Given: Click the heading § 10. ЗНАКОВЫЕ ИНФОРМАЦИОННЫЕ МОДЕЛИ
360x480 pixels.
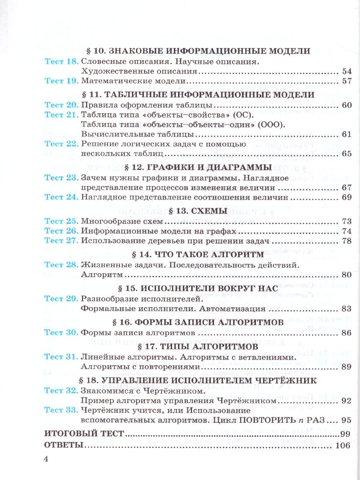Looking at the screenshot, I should click(x=198, y=51).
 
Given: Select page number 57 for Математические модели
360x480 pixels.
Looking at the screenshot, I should click(x=346, y=81).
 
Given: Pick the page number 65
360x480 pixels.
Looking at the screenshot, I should click(x=346, y=154).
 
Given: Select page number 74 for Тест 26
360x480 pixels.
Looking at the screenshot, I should click(x=346, y=231).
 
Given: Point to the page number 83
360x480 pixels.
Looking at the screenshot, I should click(x=346, y=308).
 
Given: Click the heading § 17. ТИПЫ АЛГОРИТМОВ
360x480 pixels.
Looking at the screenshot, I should click(x=198, y=346).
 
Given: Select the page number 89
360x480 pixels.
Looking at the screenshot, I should click(x=346, y=366).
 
